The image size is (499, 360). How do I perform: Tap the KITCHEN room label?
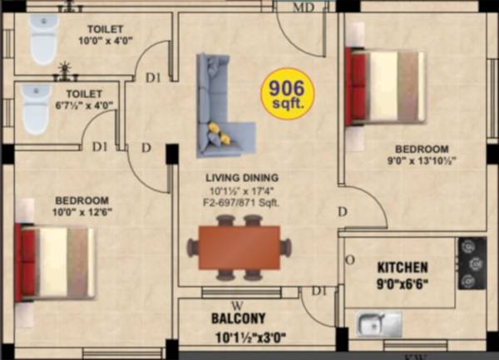403,268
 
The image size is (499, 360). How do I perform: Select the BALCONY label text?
238,318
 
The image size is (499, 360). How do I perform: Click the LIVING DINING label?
242,178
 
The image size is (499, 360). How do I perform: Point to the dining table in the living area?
240,247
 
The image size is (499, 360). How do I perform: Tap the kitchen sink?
378,323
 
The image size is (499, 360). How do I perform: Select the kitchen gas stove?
471,263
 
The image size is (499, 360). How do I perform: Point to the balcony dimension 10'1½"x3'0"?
238,338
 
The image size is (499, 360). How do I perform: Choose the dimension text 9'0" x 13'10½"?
421,161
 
